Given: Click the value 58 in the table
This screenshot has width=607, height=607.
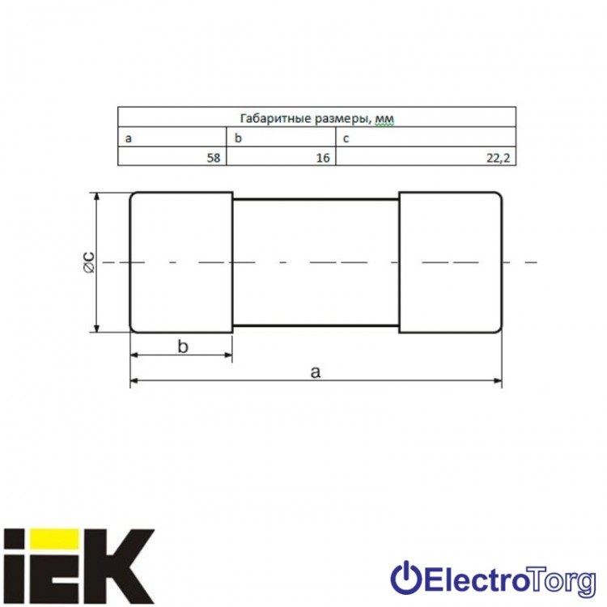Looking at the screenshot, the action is click(x=214, y=158).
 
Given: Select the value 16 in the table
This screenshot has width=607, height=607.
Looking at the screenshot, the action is click(x=323, y=158).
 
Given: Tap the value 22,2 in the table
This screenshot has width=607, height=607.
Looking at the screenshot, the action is click(x=499, y=158).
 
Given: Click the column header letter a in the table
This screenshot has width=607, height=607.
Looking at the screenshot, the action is click(x=129, y=138).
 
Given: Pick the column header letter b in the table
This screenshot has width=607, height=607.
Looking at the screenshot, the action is click(x=238, y=138).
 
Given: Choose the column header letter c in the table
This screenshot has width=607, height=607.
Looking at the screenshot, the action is click(x=346, y=138).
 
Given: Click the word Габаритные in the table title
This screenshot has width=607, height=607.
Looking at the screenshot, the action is click(x=276, y=118).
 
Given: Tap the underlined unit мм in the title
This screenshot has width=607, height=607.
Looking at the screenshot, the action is click(x=384, y=119).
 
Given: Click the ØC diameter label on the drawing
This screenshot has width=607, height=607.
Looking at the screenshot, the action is click(x=89, y=262).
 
